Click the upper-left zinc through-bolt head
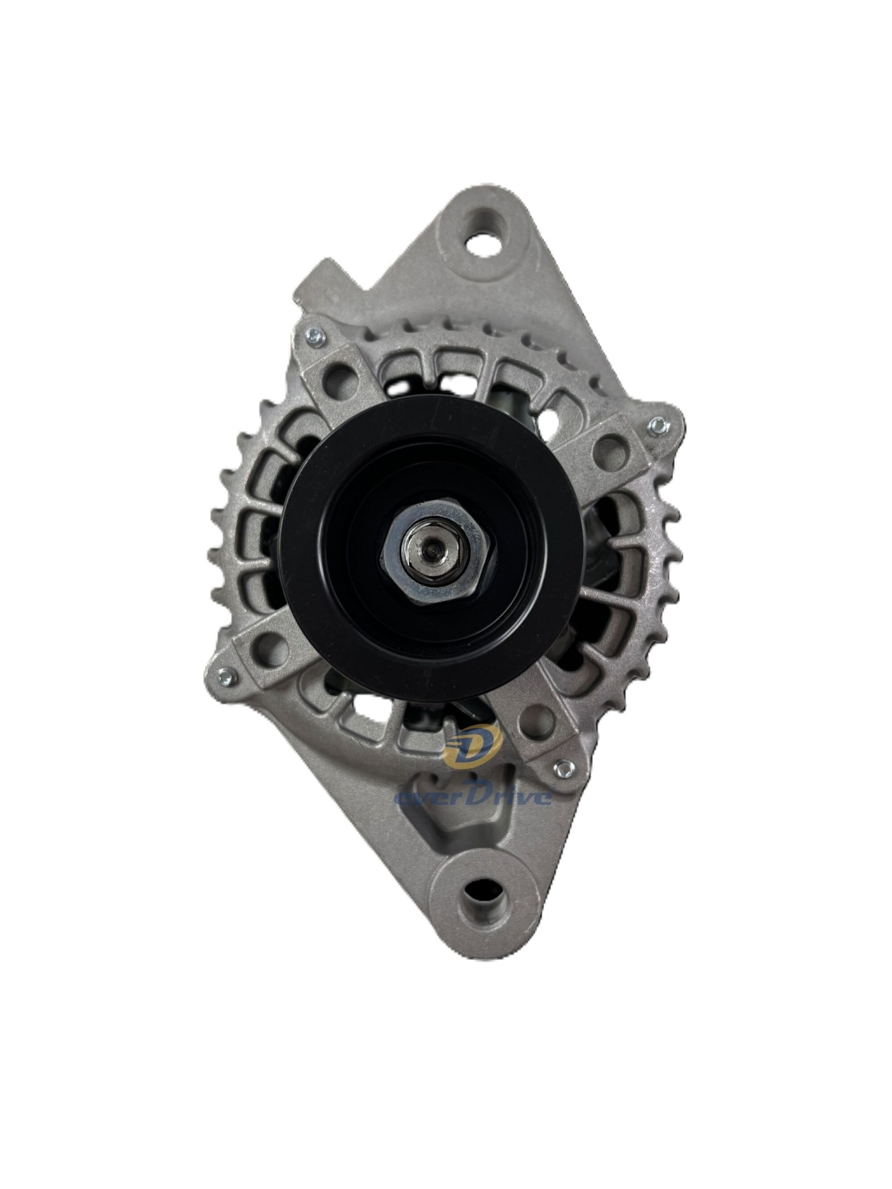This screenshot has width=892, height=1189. click(314, 335)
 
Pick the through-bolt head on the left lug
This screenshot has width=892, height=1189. click(224, 676)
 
